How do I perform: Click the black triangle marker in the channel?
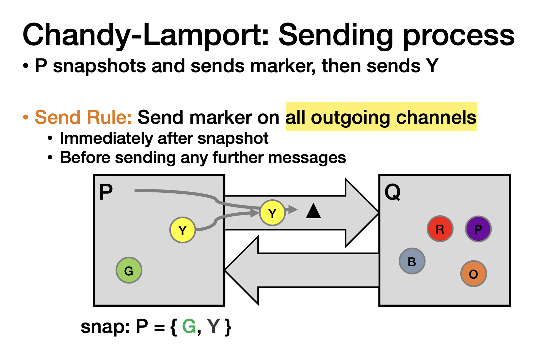313,211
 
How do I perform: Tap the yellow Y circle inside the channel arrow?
272,213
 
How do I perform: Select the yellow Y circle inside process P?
183,230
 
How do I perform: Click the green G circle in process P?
129,270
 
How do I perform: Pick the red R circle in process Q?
440,229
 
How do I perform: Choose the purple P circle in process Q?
478,229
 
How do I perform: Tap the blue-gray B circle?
412,261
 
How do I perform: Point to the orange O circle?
473,274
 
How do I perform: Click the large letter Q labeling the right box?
392,192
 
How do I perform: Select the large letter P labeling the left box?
106,192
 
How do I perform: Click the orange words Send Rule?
83,117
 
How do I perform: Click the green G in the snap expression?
189,326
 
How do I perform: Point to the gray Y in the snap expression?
214,326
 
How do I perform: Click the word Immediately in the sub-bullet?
106,138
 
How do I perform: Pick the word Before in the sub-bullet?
85,157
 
